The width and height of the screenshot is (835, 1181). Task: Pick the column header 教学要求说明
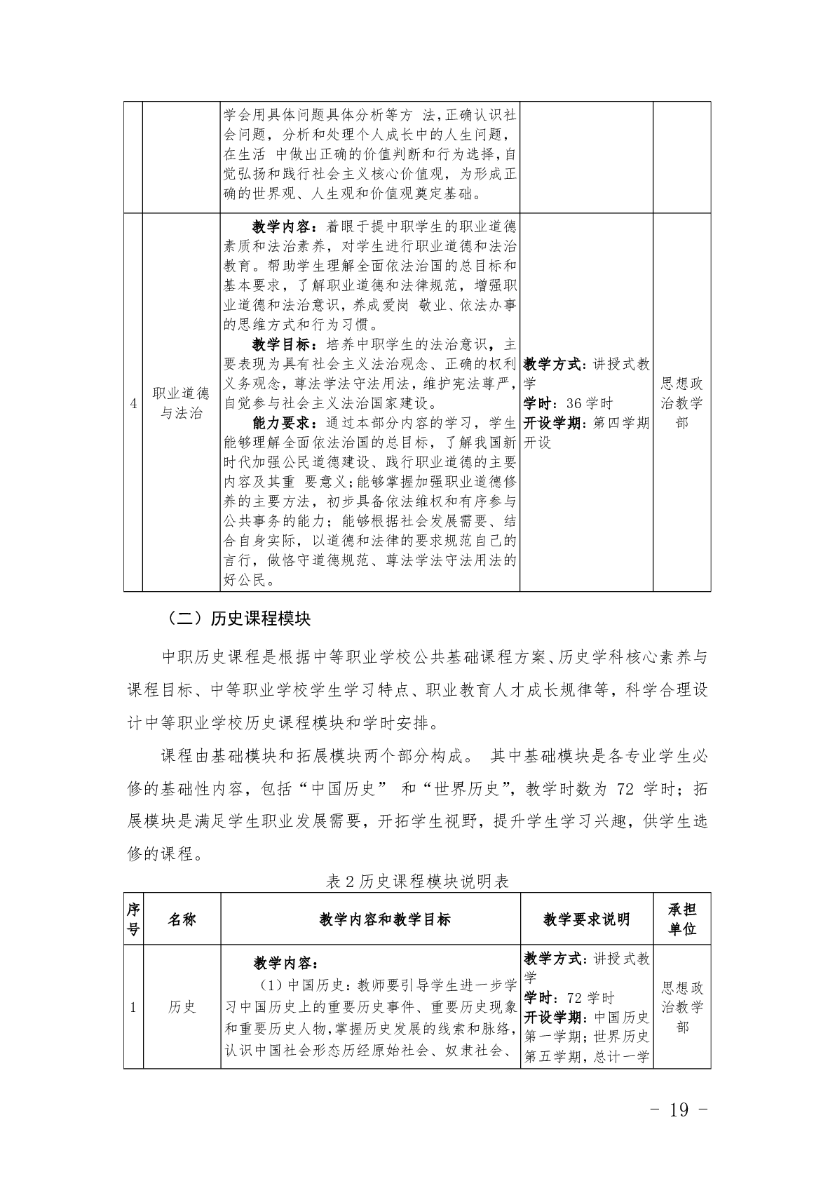pos(586,919)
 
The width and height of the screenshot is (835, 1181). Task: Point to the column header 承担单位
pos(682,919)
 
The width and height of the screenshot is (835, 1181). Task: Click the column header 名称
pos(182,919)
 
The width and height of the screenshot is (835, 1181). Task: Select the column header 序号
pos(133,919)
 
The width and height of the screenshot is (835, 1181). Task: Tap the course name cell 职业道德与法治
pos(182,403)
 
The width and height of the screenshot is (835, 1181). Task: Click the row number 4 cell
pos(133,403)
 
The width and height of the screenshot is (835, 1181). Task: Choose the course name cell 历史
pos(182,1007)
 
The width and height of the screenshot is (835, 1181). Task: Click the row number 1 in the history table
pos(133,1007)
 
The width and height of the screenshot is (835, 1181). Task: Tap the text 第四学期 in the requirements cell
pos(620,423)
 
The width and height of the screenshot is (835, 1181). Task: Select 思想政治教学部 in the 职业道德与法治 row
pos(682,403)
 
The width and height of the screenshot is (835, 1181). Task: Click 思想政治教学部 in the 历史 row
pos(682,1007)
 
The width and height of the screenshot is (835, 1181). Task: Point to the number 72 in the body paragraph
pos(625,789)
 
